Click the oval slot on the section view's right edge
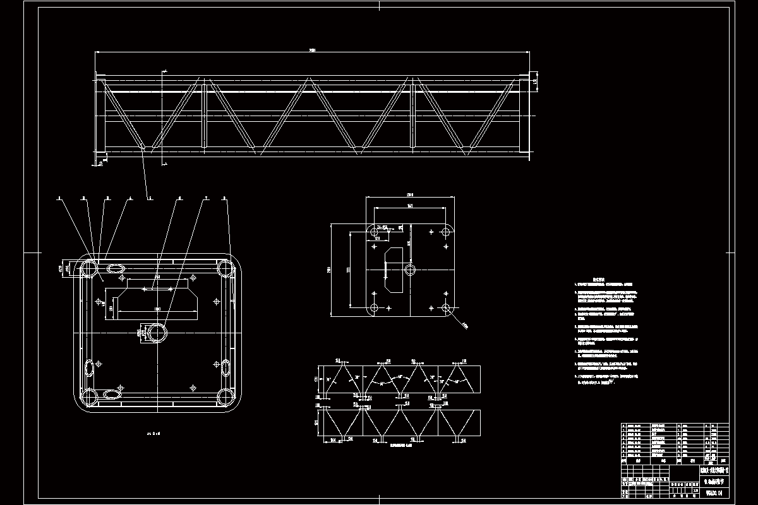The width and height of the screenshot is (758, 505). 226,365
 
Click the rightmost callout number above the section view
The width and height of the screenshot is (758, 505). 224,198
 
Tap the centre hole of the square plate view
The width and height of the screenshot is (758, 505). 410,270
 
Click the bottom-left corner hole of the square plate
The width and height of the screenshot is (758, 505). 373,309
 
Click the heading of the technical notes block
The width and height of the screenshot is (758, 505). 598,277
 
